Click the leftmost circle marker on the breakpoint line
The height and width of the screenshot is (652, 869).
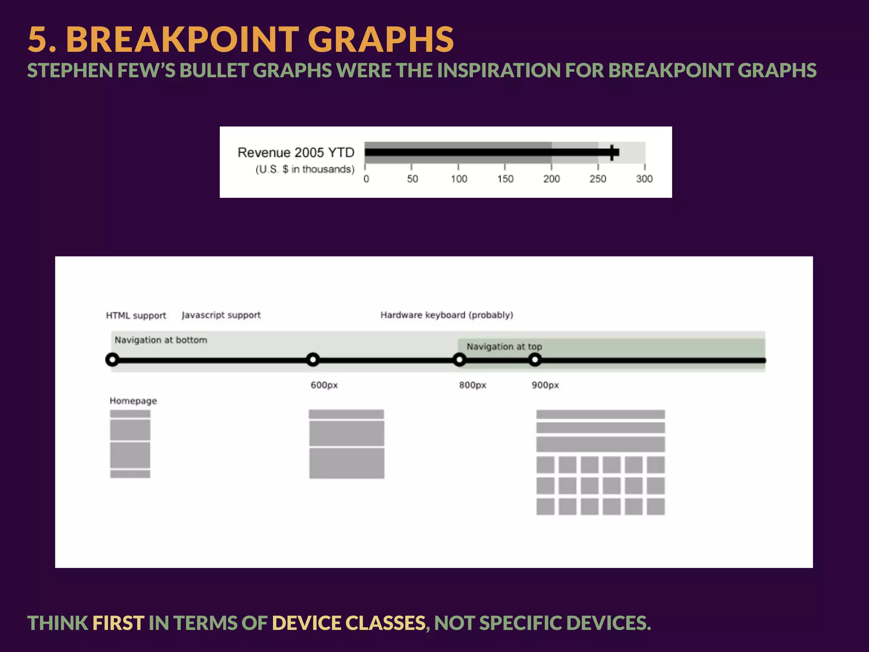(x=112, y=360)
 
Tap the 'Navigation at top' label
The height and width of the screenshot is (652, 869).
(x=504, y=346)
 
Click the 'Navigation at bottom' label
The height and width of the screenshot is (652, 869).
(x=161, y=340)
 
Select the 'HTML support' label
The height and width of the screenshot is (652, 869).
(x=136, y=315)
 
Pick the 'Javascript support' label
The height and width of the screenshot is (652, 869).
(x=221, y=315)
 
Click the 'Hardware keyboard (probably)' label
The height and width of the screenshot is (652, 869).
(x=446, y=315)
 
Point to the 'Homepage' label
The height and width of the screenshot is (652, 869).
(x=133, y=401)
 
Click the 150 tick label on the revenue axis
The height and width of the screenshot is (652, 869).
(x=505, y=179)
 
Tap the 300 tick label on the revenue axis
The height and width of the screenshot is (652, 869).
(x=644, y=179)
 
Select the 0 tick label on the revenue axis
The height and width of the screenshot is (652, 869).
(x=366, y=179)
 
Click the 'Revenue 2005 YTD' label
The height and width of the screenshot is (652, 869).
(x=296, y=152)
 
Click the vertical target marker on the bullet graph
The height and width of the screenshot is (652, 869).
(x=612, y=152)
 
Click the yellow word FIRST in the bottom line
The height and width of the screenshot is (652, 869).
(x=118, y=623)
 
